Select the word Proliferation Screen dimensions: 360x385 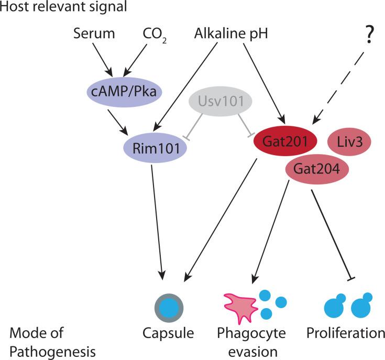click(346, 333)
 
